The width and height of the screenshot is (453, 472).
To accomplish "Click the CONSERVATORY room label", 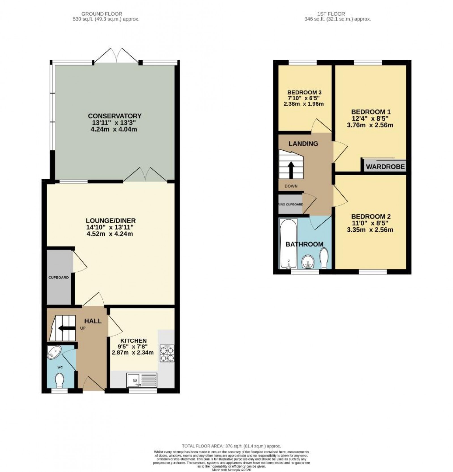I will coord(114,116).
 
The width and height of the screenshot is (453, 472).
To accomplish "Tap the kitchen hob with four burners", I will coord(167,353).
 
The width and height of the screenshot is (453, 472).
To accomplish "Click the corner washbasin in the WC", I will coord(54,352).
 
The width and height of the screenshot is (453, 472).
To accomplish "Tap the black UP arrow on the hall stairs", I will coord(64,328).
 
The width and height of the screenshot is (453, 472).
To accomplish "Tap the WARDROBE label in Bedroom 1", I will coord(385,166).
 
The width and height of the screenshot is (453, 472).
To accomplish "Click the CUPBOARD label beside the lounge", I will coord(58,277).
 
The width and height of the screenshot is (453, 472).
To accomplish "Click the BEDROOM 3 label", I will coord(304,92).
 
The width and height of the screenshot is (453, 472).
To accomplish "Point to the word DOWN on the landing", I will coord(291,186).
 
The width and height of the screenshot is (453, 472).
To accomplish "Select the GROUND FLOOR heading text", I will coord(102,14).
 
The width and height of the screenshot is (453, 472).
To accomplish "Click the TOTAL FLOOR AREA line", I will coord(232,446).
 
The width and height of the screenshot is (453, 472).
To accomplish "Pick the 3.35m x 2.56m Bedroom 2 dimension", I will coord(370,230).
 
